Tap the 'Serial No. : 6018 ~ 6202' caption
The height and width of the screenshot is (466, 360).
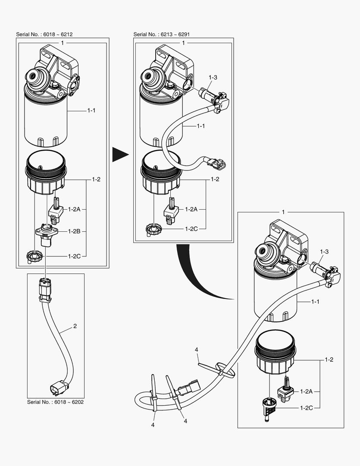click(55, 402)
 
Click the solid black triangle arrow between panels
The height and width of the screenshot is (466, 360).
click(120, 154)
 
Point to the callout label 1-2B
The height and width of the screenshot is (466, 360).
click(75, 231)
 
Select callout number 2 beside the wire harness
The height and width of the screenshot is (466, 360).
click(75, 326)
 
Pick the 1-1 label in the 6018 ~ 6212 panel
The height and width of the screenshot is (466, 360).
click(91, 111)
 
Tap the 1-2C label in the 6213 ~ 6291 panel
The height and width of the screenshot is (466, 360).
click(191, 229)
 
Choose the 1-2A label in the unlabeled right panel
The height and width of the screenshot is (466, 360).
click(307, 391)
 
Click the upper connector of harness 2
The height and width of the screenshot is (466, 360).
click(44, 287)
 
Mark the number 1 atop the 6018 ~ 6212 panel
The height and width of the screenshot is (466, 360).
click(63, 43)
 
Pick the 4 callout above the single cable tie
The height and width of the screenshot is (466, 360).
click(197, 349)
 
